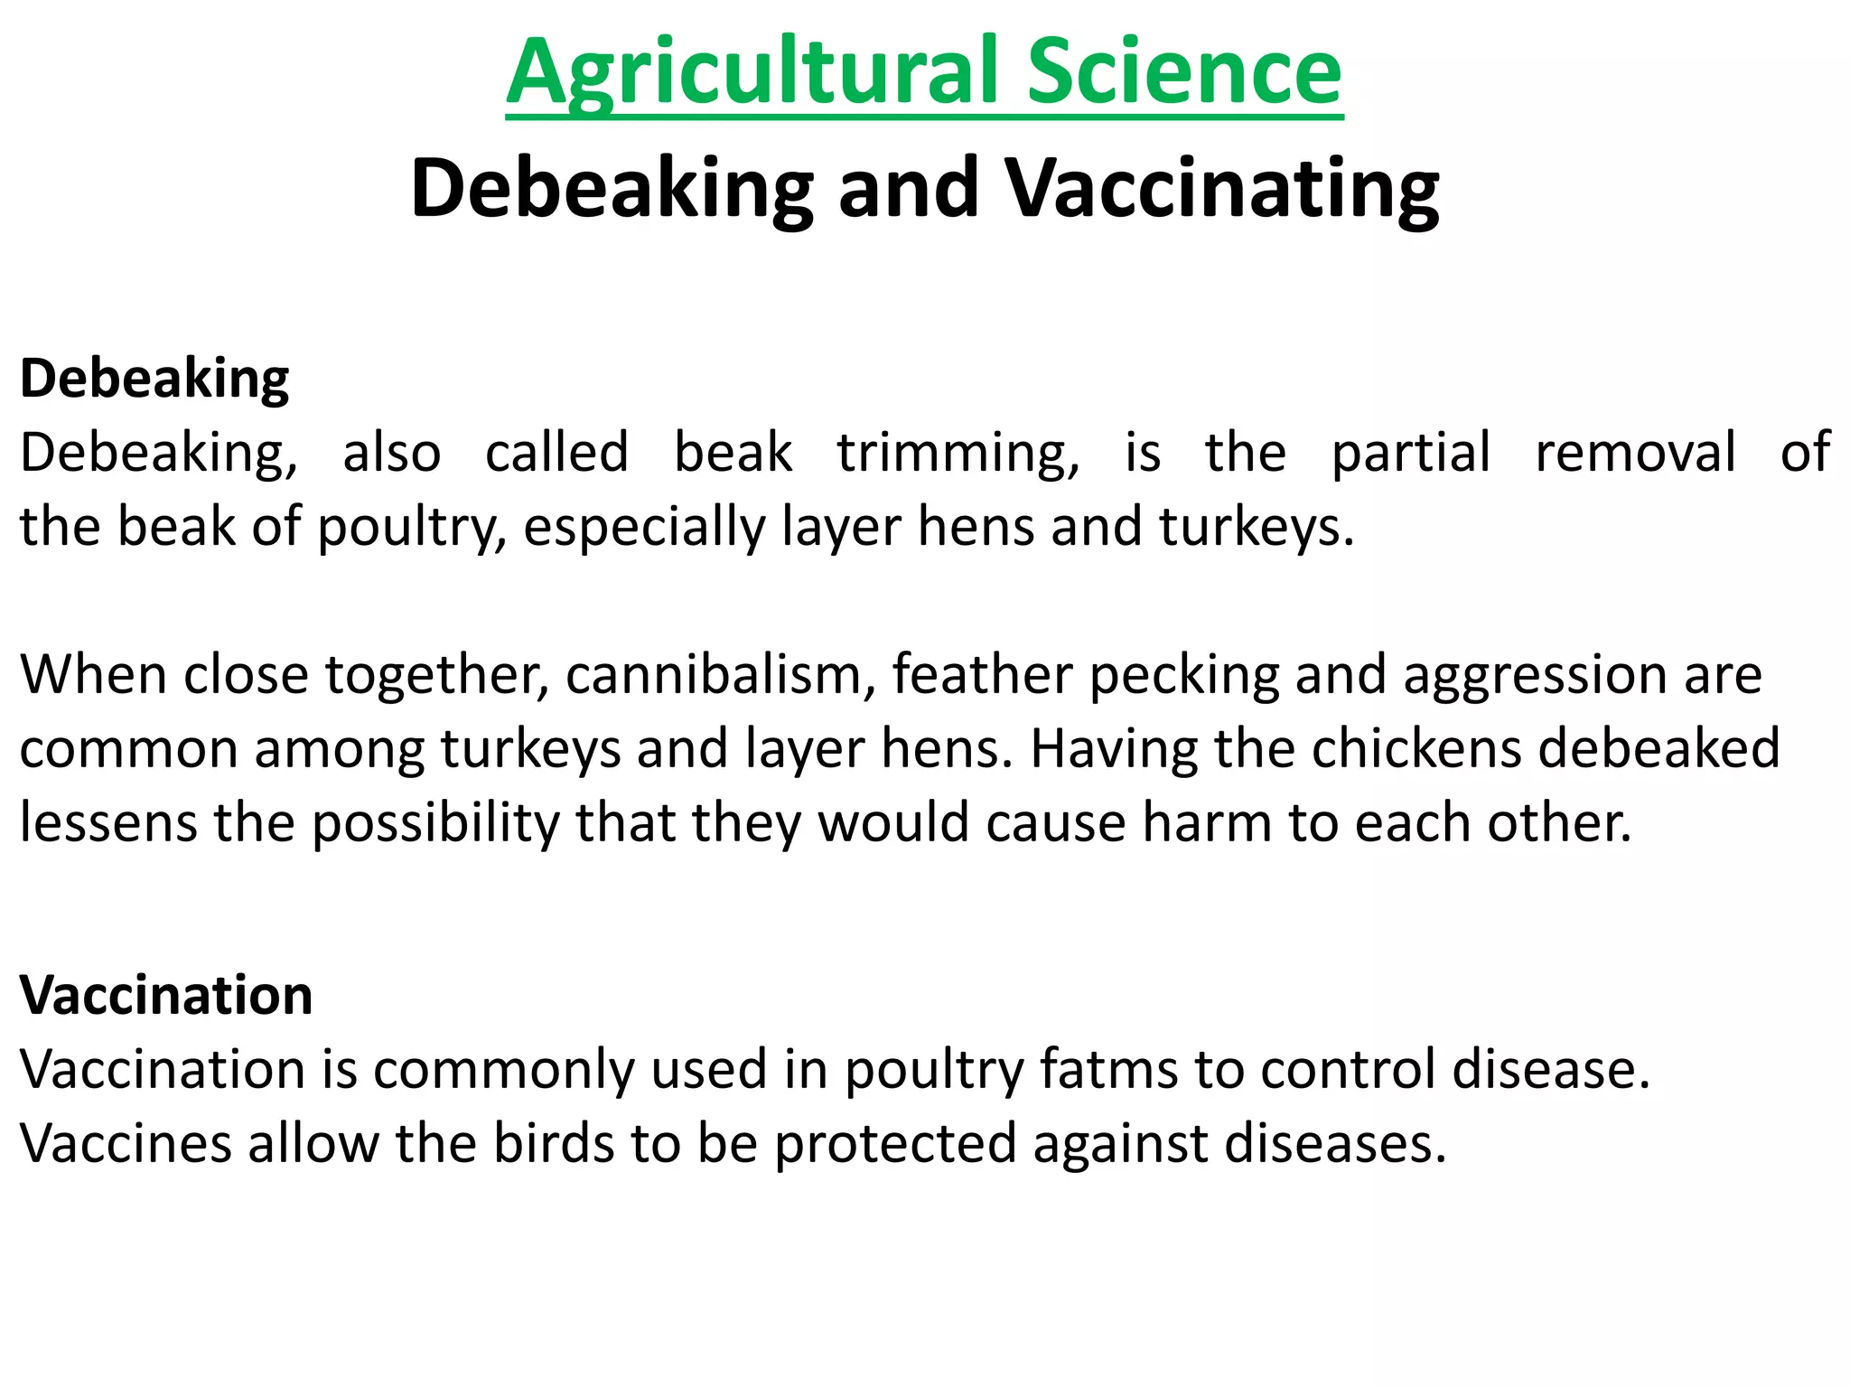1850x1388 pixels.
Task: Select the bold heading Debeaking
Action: pos(154,379)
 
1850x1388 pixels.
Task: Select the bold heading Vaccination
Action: pos(166,996)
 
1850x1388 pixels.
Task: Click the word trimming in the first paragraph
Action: pos(958,454)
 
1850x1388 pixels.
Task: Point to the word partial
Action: pos(1410,454)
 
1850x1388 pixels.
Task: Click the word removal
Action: pos(1635,454)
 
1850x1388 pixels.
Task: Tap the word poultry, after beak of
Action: pos(412,528)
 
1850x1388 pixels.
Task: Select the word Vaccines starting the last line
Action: pos(126,1145)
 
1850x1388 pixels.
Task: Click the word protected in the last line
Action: pos(895,1145)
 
